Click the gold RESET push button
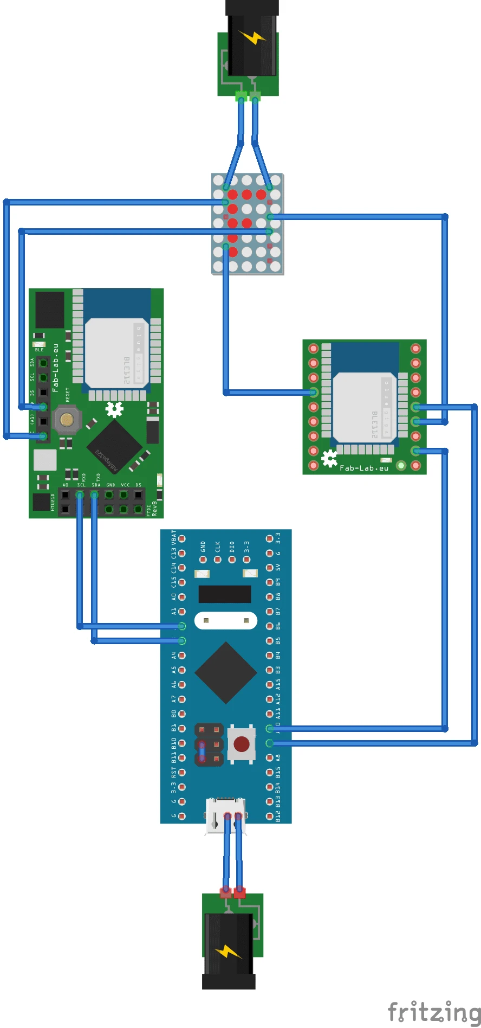click(x=67, y=419)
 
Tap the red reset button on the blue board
click(x=242, y=743)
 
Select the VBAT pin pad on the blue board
click(x=182, y=539)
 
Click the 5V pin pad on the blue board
click(x=270, y=568)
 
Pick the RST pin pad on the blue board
click(x=182, y=772)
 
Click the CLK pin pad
click(x=218, y=559)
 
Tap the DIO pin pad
click(x=232, y=559)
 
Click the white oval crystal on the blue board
click(x=225, y=620)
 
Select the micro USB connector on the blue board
click(x=225, y=815)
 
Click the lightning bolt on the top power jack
click(x=252, y=37)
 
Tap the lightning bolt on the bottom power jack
click(x=229, y=951)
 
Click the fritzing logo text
click(x=434, y=1012)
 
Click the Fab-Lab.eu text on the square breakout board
click(x=364, y=468)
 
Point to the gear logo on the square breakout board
click(x=329, y=459)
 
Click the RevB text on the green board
click(x=154, y=508)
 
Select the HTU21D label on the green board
click(x=53, y=503)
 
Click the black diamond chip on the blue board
click(x=225, y=673)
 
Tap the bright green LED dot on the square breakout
click(x=401, y=465)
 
